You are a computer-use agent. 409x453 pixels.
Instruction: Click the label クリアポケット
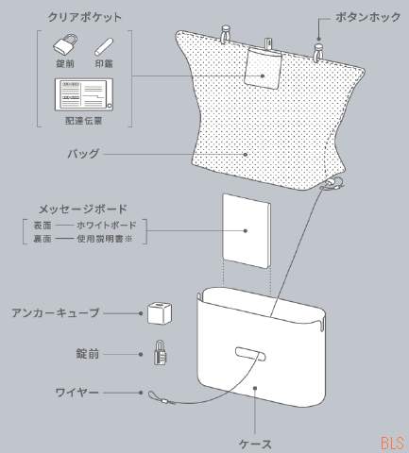(84, 17)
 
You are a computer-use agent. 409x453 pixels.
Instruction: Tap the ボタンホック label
(367, 17)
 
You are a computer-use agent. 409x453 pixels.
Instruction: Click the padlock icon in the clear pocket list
(65, 44)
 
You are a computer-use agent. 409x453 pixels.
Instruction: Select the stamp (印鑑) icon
(104, 47)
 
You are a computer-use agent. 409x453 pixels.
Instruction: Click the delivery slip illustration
(84, 94)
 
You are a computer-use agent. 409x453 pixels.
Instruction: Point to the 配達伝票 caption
(84, 121)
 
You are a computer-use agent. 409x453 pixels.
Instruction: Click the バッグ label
(83, 154)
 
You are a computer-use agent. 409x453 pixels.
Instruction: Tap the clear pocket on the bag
(264, 68)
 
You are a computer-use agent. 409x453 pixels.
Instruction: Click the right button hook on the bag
(318, 52)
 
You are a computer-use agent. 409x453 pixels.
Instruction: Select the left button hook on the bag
(226, 34)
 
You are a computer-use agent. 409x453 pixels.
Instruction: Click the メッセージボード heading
(83, 209)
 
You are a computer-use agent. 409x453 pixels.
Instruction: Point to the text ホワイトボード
(107, 226)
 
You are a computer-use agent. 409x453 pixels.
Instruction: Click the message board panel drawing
(247, 231)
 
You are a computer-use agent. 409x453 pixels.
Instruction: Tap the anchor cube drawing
(160, 313)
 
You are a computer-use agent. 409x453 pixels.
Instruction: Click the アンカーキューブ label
(56, 312)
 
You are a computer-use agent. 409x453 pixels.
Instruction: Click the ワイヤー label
(77, 393)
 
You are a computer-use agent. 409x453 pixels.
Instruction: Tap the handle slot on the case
(250, 354)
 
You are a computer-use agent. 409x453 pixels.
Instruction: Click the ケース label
(255, 445)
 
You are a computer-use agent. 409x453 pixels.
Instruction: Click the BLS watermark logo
(393, 444)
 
